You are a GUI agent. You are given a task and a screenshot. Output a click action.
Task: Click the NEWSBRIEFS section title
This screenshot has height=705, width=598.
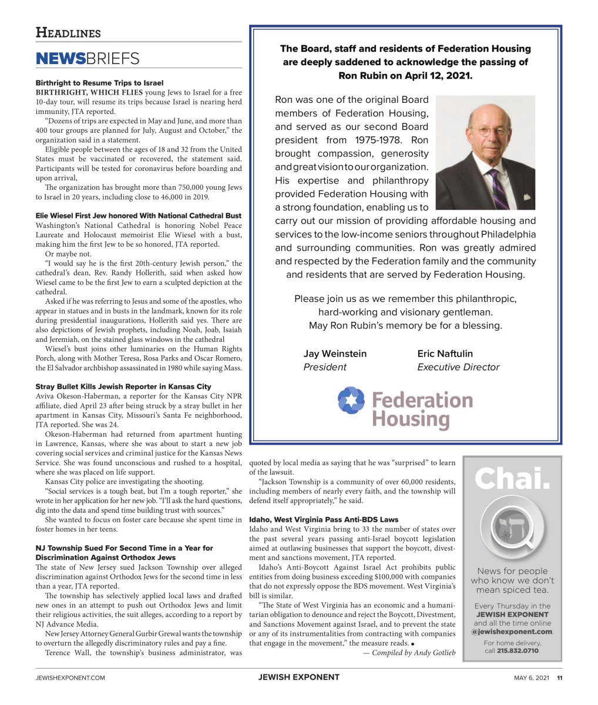pos(88,58)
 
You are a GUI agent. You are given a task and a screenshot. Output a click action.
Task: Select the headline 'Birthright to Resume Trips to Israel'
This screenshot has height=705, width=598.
pos(99,83)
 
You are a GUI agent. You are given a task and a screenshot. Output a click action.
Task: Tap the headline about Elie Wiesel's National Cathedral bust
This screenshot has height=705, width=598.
pos(138,216)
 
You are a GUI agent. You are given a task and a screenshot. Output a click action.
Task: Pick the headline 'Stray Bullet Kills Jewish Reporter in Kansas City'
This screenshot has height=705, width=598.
pos(123,387)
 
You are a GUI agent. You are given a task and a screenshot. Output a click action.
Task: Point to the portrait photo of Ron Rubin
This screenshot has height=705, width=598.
pos(486,153)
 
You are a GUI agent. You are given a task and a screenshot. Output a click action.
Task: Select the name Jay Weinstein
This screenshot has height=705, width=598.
pos(335,354)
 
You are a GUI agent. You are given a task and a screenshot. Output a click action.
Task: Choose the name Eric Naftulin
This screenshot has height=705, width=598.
pos(445,354)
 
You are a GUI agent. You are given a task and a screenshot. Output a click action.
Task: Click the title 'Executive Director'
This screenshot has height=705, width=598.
pos(458,367)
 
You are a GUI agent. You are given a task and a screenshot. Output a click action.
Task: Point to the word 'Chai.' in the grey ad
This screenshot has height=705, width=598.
pos(512,479)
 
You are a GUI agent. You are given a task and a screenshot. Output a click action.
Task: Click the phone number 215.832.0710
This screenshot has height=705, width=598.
pos(518,651)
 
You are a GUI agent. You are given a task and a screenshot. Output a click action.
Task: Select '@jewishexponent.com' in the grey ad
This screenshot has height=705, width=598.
pos(512,632)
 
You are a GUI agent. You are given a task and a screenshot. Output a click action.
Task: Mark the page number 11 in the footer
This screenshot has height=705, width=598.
pos(560,677)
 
